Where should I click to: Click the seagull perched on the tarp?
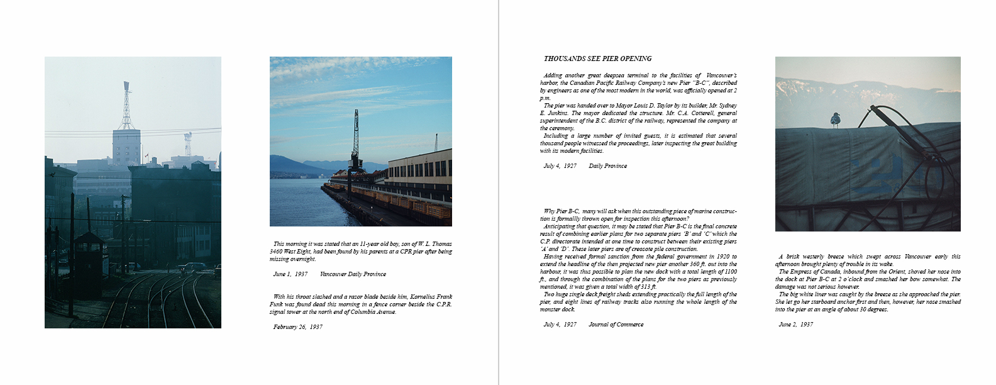click(836, 120)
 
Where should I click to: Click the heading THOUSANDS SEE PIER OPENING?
click(597, 59)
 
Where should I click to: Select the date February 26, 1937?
click(297, 327)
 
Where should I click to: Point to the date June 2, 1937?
click(795, 325)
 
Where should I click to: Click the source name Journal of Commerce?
click(616, 325)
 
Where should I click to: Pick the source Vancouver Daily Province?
click(353, 274)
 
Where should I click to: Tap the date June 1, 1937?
click(290, 274)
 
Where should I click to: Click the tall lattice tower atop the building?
click(126, 107)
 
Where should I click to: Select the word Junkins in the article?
click(551, 113)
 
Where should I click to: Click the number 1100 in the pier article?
click(730, 272)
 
